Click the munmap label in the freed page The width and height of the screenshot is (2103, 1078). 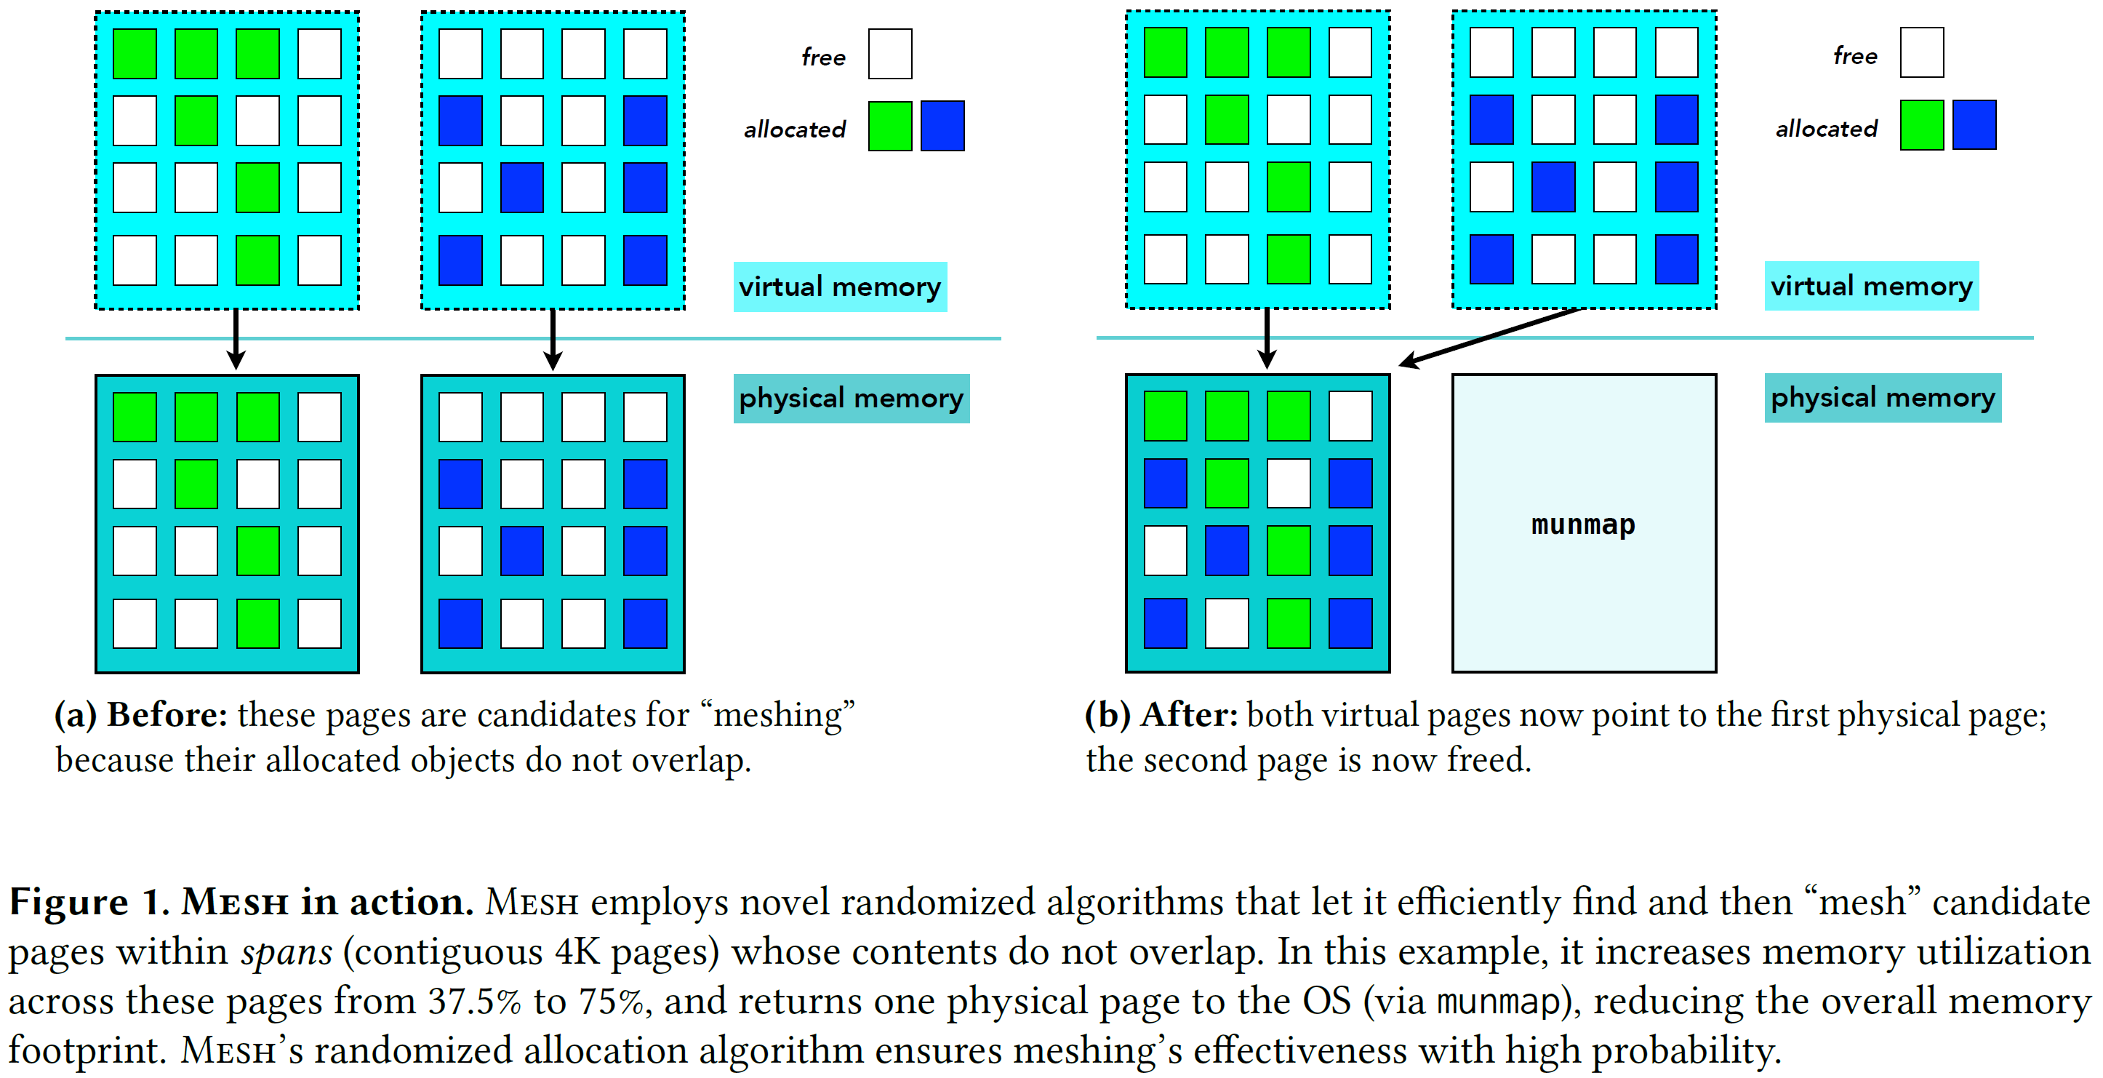tap(1583, 524)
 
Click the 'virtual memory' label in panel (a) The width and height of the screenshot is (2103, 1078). tap(840, 287)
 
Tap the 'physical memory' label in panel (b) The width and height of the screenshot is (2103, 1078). tap(1882, 398)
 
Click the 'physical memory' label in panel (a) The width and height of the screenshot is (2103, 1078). tap(851, 399)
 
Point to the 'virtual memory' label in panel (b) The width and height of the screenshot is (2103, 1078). tap(1870, 286)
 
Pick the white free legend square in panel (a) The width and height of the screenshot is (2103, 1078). tap(890, 54)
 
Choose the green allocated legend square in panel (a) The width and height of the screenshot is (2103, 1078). tap(890, 126)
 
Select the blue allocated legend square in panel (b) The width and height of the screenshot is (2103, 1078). tap(1974, 125)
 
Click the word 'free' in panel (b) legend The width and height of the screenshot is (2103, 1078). tap(1855, 55)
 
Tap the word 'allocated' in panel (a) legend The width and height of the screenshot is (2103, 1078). tap(794, 129)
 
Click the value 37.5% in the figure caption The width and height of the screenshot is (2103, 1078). tap(474, 1001)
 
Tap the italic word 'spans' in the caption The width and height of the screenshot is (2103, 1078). tap(287, 952)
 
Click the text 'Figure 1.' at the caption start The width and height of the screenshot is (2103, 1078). tap(89, 903)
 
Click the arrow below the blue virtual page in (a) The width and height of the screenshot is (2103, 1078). tap(553, 339)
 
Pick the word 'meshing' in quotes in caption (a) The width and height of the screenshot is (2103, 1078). tap(779, 716)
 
